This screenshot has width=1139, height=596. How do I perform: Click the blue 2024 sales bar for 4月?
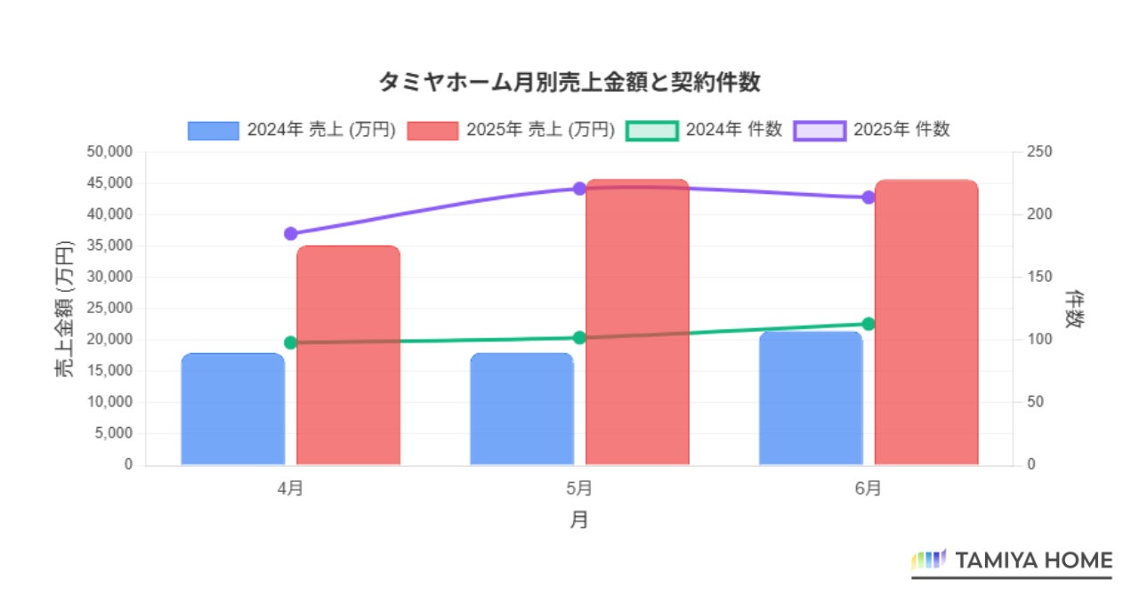click(x=232, y=409)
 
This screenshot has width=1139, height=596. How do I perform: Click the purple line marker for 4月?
click(x=290, y=234)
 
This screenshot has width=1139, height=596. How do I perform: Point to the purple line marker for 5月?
click(x=579, y=189)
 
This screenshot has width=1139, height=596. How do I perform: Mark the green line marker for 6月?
click(x=868, y=324)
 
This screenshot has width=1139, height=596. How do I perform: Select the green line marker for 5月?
click(x=579, y=337)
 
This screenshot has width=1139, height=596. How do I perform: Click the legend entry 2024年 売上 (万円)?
click(x=292, y=130)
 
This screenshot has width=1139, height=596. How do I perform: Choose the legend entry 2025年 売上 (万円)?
click(x=511, y=130)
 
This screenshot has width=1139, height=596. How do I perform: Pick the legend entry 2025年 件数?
click(x=871, y=130)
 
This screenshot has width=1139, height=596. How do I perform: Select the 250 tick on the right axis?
click(x=1038, y=152)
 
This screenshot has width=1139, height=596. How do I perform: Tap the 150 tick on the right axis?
click(x=1038, y=277)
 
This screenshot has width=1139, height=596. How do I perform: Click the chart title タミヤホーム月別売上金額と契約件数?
click(x=569, y=83)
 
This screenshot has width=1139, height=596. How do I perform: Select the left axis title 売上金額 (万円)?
click(x=66, y=309)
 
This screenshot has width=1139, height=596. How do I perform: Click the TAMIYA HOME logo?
click(x=1012, y=560)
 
